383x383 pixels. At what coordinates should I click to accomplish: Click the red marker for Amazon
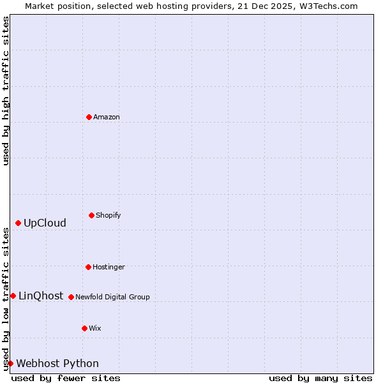coord(89,117)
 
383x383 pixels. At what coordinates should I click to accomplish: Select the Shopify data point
coord(91,215)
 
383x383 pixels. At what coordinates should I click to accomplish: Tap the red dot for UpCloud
coord(18,223)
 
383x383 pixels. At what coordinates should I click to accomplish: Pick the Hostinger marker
coord(88,267)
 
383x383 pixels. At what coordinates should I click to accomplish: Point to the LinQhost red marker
coord(13,296)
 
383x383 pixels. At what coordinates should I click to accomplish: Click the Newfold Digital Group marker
coord(71,297)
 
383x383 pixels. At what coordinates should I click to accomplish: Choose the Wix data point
coord(84,328)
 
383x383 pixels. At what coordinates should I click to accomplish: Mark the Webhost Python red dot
coord(10,363)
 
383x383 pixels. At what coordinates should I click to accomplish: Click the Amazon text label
coord(107,117)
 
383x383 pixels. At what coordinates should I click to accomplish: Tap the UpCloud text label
coord(45,223)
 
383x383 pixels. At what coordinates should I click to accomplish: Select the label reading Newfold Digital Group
coord(112,297)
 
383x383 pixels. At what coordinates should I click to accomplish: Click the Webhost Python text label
coord(57,363)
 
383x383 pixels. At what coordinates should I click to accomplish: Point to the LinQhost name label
coord(41,296)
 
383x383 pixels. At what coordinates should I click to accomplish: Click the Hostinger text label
coord(109,267)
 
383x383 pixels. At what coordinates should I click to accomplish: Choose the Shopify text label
coord(109,215)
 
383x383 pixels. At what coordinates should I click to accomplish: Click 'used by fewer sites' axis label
coord(66,378)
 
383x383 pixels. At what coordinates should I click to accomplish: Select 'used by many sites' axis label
coord(320,378)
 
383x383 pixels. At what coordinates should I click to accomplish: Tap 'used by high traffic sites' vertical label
coord(6,91)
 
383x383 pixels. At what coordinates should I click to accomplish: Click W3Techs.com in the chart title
coord(324,6)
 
